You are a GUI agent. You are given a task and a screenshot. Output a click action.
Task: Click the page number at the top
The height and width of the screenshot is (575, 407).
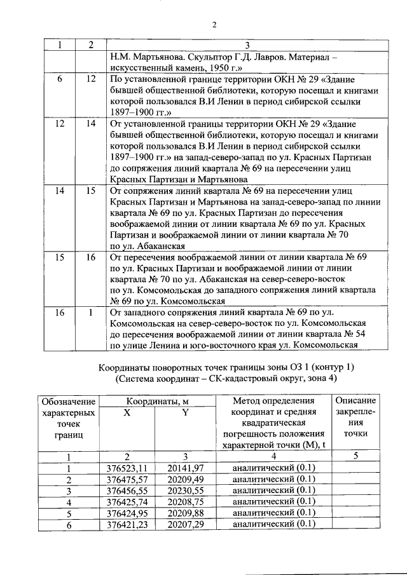click(214, 25)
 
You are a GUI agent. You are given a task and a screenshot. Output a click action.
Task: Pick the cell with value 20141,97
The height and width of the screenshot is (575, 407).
click(185, 469)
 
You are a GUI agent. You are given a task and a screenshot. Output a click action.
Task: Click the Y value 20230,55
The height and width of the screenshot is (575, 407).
click(185, 490)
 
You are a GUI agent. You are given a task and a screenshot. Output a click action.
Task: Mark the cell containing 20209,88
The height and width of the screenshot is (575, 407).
click(185, 513)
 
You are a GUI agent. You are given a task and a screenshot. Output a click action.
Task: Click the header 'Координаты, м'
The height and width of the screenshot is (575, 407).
click(156, 402)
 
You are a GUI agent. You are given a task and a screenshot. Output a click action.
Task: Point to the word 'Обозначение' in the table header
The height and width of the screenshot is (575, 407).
click(68, 402)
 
